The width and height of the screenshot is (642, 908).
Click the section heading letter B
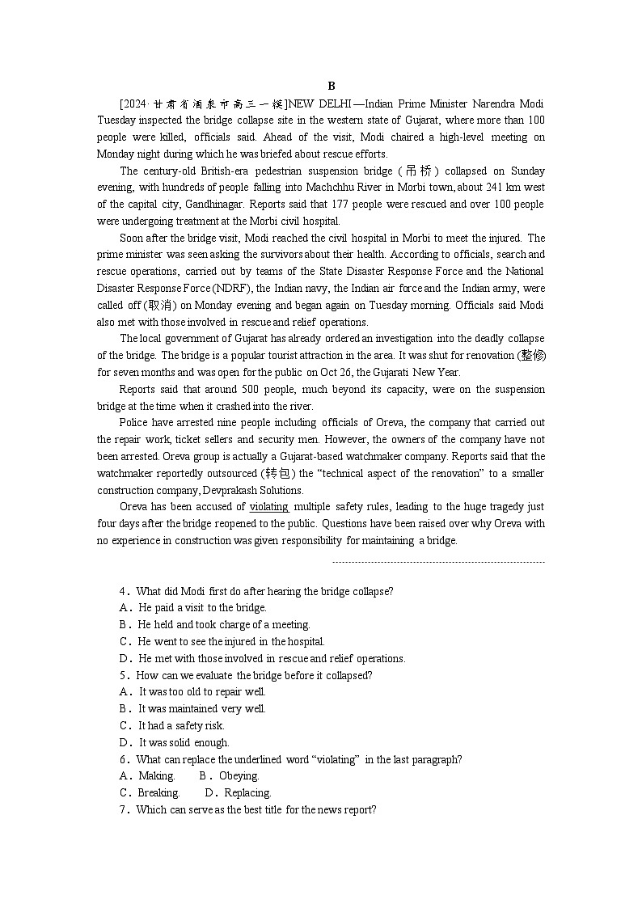pyautogui.click(x=332, y=87)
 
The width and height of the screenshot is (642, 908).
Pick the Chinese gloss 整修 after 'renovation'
pyautogui.click(x=531, y=356)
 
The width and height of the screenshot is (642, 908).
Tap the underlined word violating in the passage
pyautogui.click(x=269, y=507)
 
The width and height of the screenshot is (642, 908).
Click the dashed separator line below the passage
pyautogui.click(x=438, y=562)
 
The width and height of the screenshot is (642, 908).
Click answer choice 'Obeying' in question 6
pyautogui.click(x=238, y=776)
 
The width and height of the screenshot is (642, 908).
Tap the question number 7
pyautogui.click(x=125, y=809)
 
